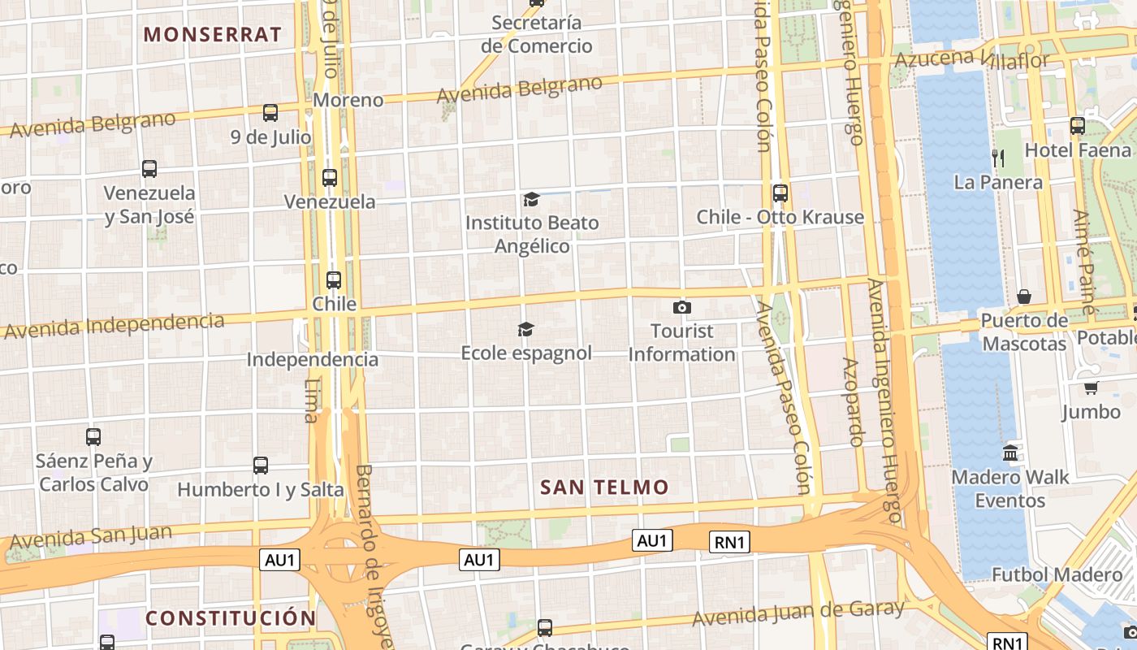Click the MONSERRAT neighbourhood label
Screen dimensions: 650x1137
click(212, 34)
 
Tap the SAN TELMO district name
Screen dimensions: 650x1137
click(604, 487)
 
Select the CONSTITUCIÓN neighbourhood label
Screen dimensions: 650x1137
click(231, 618)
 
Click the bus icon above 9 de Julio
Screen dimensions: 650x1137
click(270, 113)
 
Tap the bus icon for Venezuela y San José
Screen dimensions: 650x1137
click(149, 169)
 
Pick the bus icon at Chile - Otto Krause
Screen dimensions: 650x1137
click(780, 193)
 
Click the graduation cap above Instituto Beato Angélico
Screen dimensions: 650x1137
click(531, 199)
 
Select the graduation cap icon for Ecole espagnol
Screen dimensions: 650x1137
click(526, 329)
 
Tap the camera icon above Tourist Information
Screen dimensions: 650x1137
click(682, 307)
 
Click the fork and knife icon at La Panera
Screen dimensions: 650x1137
click(998, 158)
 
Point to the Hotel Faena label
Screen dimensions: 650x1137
click(1078, 150)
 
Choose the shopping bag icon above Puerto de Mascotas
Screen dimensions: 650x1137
click(1024, 297)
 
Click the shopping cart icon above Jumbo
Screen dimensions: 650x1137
click(1091, 388)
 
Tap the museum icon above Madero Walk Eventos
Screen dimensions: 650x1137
click(1010, 453)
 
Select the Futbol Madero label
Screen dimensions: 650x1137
click(1057, 574)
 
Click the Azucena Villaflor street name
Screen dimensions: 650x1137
click(971, 58)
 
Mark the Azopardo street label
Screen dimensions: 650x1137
click(852, 401)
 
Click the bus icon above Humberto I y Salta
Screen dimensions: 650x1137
click(261, 466)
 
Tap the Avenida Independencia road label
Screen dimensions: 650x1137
click(114, 325)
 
